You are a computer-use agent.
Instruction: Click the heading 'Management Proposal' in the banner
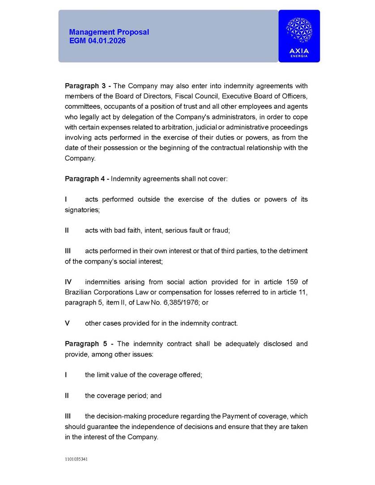(109, 32)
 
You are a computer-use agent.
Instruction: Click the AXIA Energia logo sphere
(299, 30)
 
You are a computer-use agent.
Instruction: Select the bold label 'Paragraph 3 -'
(88, 86)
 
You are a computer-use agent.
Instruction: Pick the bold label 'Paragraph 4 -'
(87, 179)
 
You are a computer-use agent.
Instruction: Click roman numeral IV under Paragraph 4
(68, 282)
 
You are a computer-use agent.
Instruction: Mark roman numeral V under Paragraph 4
(67, 323)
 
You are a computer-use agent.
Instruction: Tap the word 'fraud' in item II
(221, 230)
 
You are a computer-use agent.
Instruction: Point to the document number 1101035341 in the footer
(76, 459)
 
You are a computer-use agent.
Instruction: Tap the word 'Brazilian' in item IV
(79, 292)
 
